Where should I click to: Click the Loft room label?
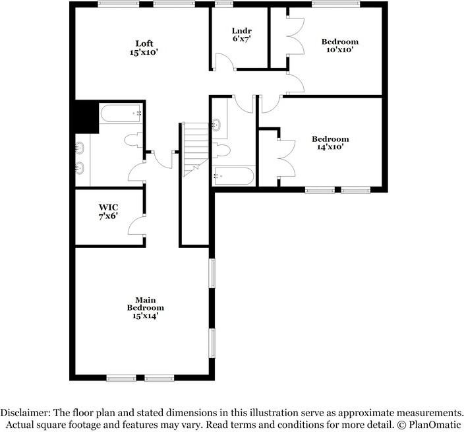144,44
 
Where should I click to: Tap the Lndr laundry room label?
242,30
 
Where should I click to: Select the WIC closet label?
108,207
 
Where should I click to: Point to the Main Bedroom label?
145,304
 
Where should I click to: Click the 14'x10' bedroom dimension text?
330,147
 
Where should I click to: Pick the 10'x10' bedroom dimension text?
340,49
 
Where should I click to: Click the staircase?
195,150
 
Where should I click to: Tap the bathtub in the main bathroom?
121,113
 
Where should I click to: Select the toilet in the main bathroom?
133,140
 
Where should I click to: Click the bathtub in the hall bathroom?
234,176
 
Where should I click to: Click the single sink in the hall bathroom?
216,125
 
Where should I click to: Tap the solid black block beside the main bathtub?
87,117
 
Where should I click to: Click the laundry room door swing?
225,61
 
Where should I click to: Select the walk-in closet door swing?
136,226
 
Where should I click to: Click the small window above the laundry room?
223,4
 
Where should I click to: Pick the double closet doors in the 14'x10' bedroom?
287,159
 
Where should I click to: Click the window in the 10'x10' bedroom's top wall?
336,4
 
